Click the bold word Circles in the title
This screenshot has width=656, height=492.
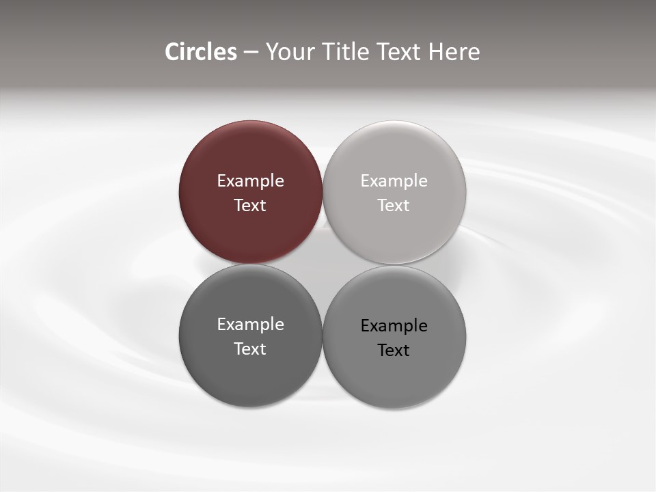(200, 52)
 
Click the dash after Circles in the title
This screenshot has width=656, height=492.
(250, 53)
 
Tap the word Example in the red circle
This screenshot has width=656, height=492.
(250, 181)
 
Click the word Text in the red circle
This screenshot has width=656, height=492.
(250, 205)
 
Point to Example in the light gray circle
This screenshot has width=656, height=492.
(394, 181)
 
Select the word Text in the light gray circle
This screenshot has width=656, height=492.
(394, 205)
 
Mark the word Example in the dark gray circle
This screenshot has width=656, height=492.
(250, 325)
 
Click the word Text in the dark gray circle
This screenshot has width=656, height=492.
(250, 348)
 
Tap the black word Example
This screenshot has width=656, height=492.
(394, 326)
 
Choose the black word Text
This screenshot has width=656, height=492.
(394, 350)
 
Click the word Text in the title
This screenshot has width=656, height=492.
(400, 52)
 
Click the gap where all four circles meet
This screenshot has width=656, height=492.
(323, 264)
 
